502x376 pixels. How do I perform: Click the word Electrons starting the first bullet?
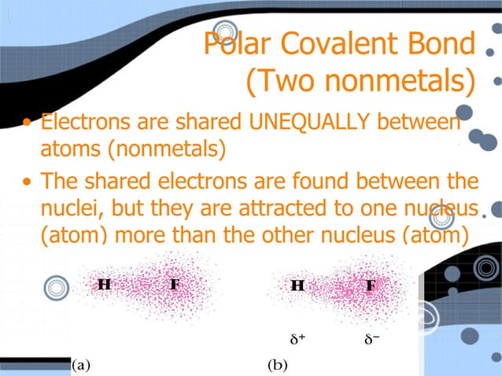tap(82, 123)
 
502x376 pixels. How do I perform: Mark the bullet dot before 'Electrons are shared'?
tap(28, 123)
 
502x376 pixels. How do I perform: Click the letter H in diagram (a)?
tap(103, 283)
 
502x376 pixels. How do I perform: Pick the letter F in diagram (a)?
tap(175, 283)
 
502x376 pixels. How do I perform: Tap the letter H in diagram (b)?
tap(297, 285)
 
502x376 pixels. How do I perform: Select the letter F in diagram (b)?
tap(370, 285)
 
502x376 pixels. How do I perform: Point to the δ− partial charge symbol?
tap(372, 340)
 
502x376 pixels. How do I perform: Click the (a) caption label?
tap(81, 365)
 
